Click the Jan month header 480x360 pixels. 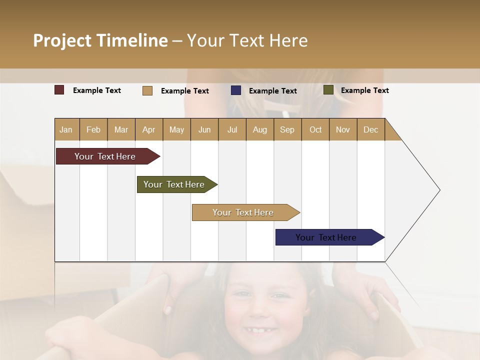(66, 129)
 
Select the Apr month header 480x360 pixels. (148, 129)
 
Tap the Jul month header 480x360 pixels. (232, 129)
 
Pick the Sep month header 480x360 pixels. (287, 129)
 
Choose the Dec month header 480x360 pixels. (370, 129)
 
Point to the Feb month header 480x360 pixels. (93, 129)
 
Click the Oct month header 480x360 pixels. (315, 129)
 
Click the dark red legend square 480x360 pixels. (59, 90)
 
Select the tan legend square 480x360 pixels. (147, 90)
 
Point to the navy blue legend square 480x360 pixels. (236, 90)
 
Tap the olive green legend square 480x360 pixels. (328, 90)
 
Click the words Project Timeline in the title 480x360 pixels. (100, 40)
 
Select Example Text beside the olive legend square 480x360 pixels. (364, 90)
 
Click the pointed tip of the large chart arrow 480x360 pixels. (438, 190)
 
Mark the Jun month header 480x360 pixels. (204, 129)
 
